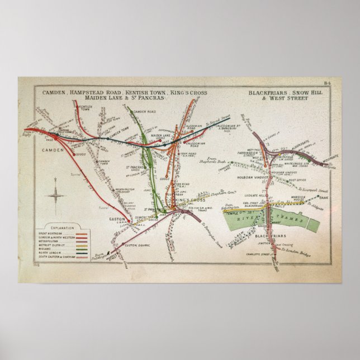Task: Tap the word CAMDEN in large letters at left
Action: pyautogui.click(x=51, y=150)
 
